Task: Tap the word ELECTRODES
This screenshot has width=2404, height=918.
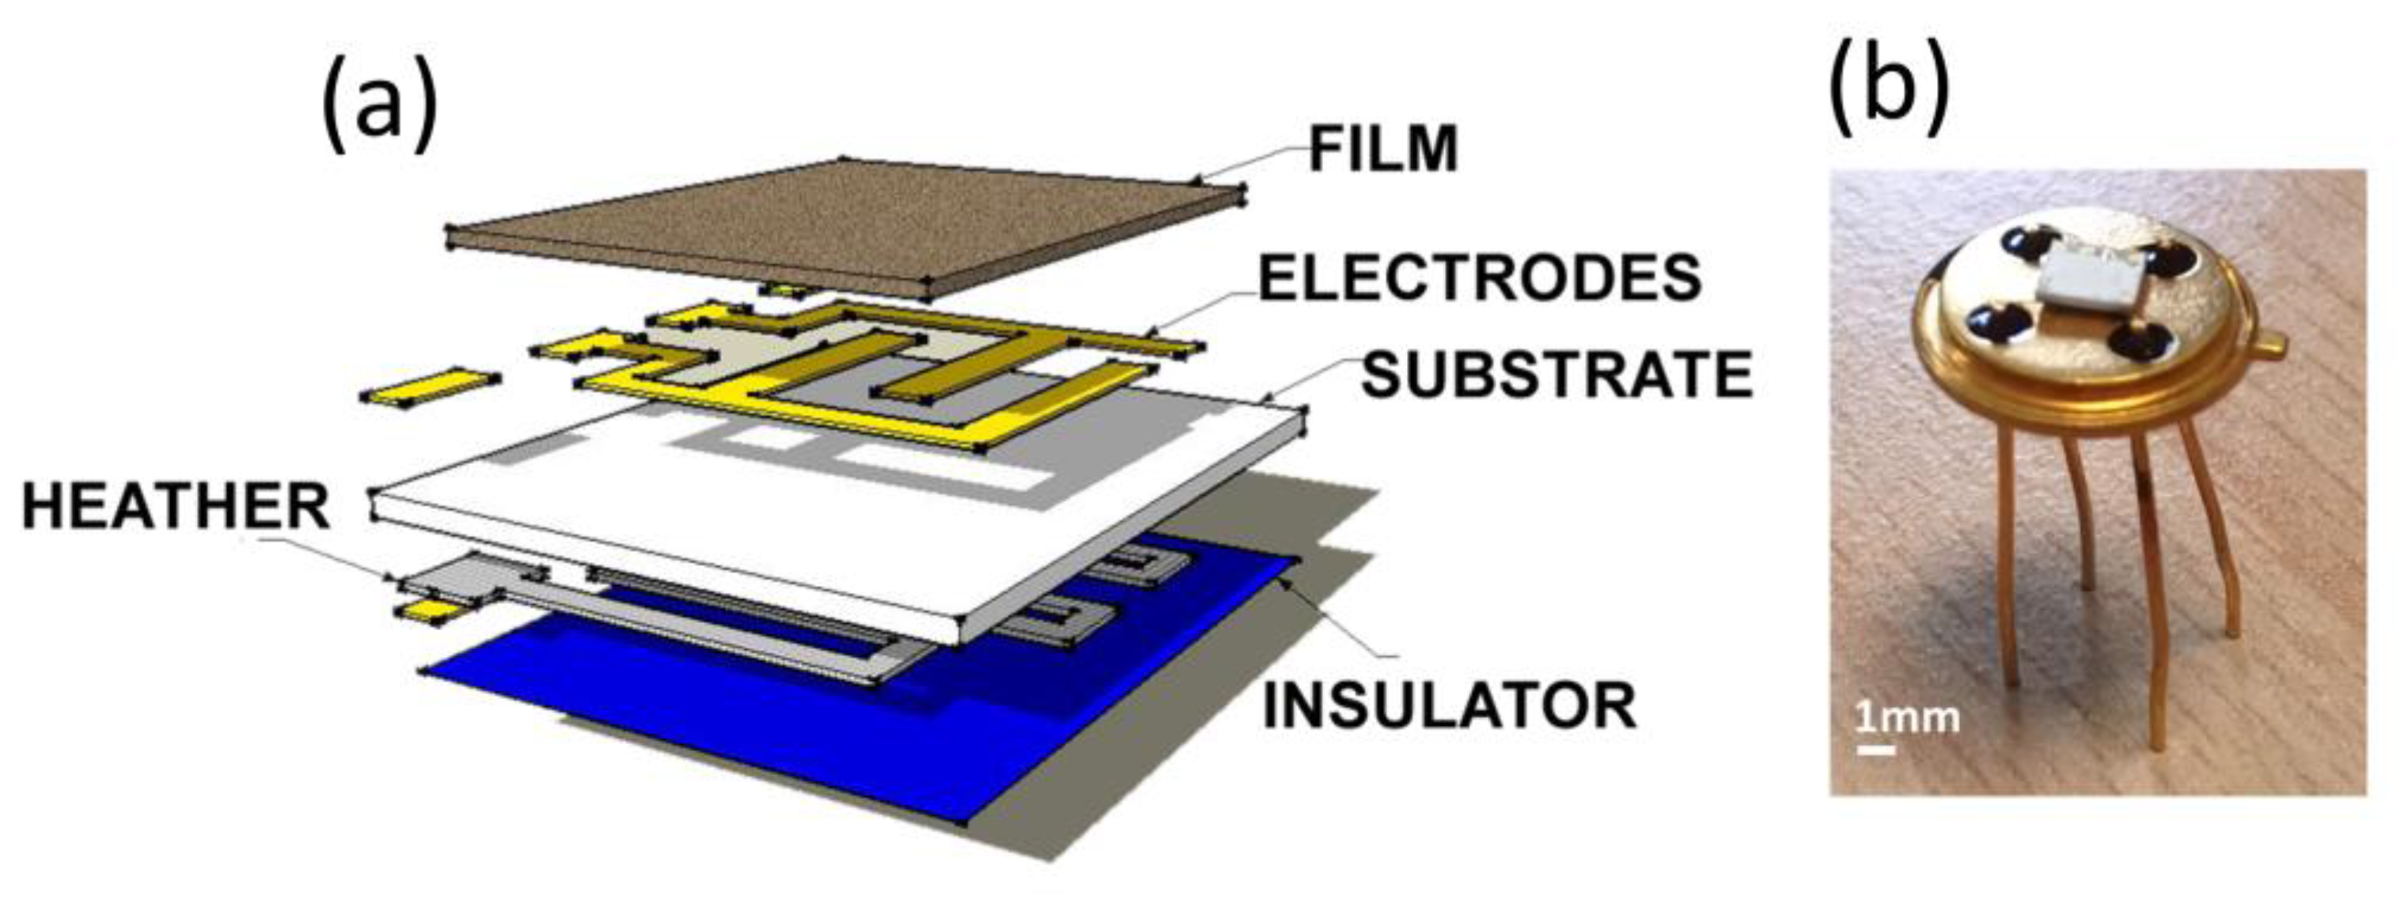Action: point(1480,278)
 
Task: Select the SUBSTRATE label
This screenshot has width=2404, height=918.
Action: point(1557,375)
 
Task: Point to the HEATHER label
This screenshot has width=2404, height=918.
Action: point(176,508)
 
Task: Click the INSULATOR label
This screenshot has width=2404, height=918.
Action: point(1450,705)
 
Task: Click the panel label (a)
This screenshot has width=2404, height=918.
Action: point(379,109)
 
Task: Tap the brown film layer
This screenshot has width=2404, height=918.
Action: point(840,224)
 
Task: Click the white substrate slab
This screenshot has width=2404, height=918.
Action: point(746,523)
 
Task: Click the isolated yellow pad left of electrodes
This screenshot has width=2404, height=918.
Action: point(429,385)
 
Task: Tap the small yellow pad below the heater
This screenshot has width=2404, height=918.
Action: point(429,611)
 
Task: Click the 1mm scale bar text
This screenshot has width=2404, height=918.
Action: point(1906,719)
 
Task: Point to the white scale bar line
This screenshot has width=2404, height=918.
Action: point(1875,749)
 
